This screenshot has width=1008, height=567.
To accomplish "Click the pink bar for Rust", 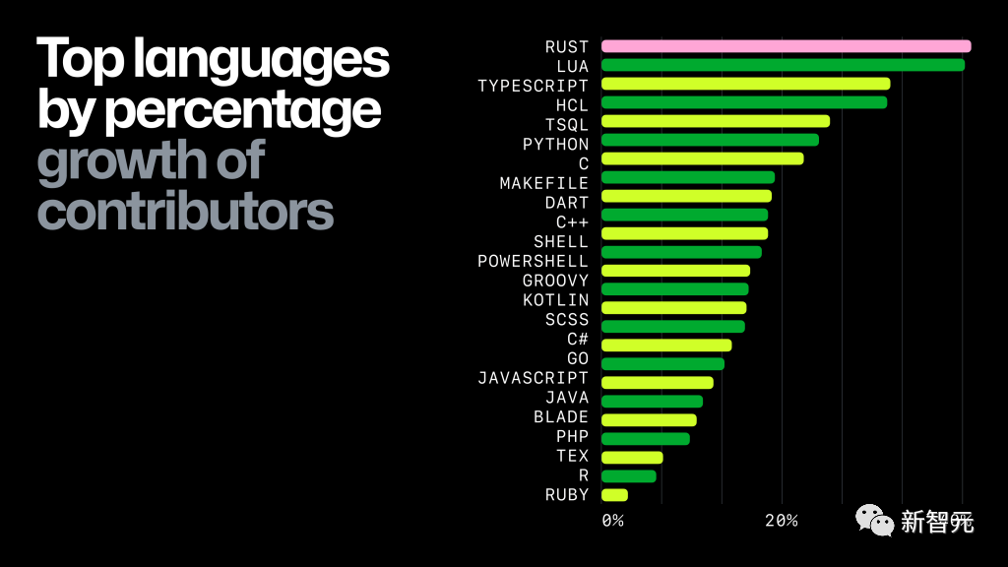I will [786, 46].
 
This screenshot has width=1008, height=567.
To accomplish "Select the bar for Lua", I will [783, 65].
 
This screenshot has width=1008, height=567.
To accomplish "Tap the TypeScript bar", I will [745, 84].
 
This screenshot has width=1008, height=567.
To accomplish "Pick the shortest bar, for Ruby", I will [614, 494].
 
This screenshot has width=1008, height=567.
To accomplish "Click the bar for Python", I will [710, 140].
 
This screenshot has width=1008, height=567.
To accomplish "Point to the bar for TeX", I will [632, 457].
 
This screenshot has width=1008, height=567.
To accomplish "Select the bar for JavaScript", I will [657, 382].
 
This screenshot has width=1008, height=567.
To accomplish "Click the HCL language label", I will [572, 104].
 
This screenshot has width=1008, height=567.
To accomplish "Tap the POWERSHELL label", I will [533, 261].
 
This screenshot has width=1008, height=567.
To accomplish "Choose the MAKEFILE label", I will [543, 183].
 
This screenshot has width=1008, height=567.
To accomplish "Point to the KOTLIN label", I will [555, 299].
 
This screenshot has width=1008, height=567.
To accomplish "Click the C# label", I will [578, 339].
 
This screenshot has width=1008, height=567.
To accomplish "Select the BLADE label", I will [561, 416].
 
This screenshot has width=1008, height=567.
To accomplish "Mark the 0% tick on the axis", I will [612, 521].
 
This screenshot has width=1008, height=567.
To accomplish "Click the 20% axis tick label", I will [781, 521].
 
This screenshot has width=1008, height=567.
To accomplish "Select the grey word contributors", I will [185, 211].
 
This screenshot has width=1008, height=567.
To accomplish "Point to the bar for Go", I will [662, 364].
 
